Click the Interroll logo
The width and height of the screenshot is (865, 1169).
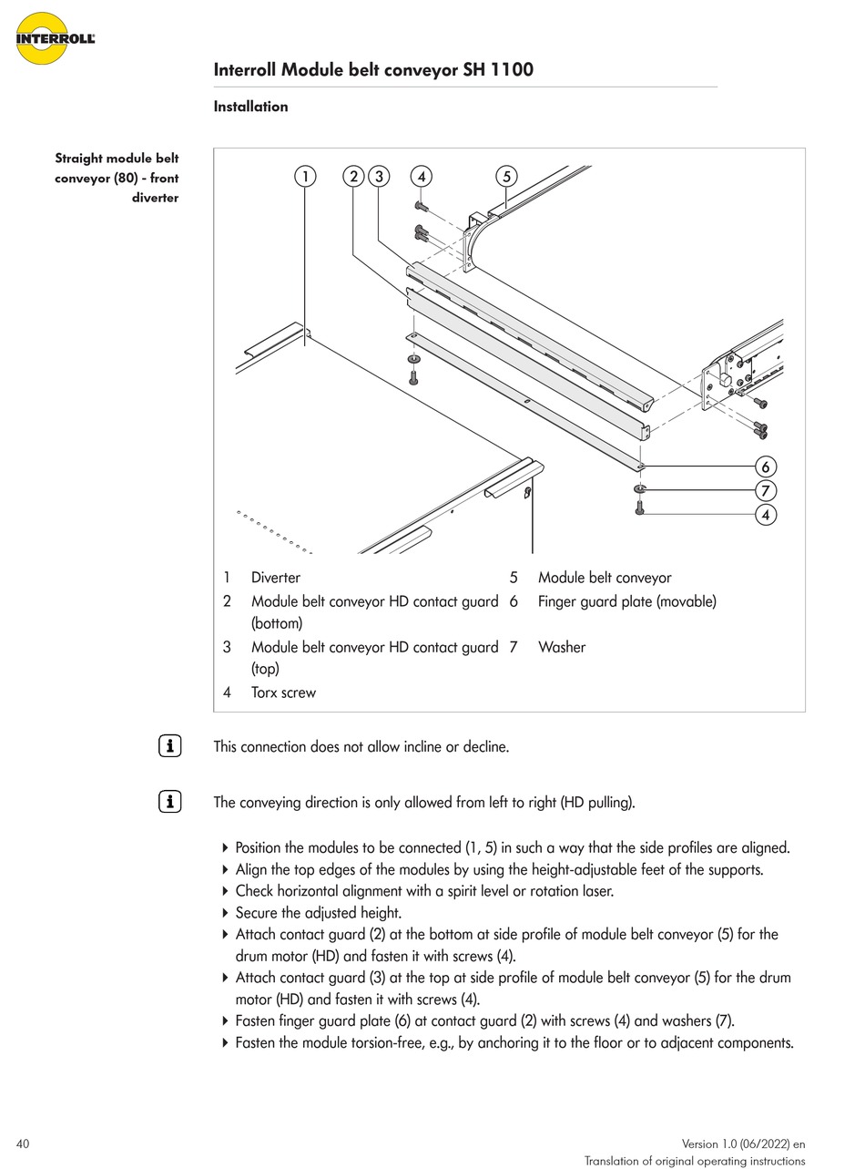pos(55,38)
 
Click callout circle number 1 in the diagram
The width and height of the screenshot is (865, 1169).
pos(306,176)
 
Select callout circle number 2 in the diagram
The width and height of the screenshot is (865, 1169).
pos(354,176)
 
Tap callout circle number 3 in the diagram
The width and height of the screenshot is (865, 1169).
pos(379,176)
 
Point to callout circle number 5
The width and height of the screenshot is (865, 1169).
pos(507,176)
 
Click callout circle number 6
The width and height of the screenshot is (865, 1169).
pos(766,467)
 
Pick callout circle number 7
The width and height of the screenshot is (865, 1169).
pos(766,490)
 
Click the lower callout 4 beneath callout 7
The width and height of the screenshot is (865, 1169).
pos(766,515)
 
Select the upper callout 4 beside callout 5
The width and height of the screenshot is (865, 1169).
pos(421,176)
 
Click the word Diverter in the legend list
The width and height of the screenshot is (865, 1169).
pos(275,578)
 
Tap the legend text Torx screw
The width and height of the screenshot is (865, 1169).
pos(283,692)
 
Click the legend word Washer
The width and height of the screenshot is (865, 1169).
pos(562,647)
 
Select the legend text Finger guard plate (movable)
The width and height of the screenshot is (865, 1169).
pos(626,601)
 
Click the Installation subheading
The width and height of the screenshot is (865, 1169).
pos(250,107)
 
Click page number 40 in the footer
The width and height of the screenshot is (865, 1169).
pos(23,1143)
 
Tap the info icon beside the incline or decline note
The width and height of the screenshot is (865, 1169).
pos(169,746)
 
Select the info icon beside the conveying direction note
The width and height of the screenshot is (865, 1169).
pos(169,802)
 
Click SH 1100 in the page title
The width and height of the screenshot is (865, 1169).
pos(498,70)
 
